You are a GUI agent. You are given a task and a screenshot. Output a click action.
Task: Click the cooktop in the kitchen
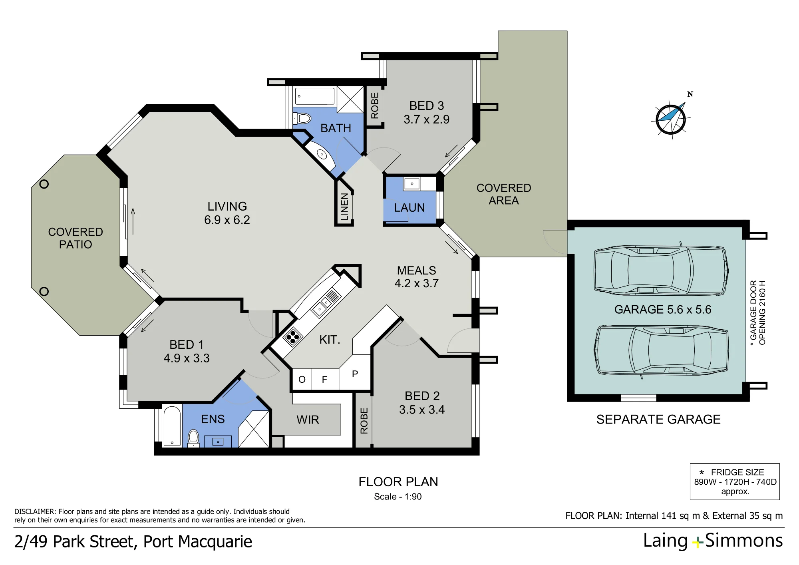coord(292,336)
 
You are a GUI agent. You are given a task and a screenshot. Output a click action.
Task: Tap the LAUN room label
coord(409,208)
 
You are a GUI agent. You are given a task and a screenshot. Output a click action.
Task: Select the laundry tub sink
coord(411,184)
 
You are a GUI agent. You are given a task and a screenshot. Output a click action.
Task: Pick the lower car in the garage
coord(661,351)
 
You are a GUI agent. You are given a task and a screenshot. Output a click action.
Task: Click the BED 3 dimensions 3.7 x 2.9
coord(426,119)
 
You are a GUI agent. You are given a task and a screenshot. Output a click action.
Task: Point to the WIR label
coord(308,420)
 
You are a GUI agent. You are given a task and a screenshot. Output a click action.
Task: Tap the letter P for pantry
coord(355,374)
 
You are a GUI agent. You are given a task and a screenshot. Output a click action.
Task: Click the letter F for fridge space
coord(324,379)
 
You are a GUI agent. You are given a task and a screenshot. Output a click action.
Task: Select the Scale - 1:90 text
coord(398,497)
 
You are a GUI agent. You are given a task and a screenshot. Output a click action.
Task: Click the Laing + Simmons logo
coord(713,541)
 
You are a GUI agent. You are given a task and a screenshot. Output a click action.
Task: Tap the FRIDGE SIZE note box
coord(735,481)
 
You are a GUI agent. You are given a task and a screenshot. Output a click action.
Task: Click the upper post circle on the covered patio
coord(44,184)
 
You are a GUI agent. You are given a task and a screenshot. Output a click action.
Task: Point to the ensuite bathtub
coord(172,426)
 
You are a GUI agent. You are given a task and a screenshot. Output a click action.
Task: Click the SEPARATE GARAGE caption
coord(658,419)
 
